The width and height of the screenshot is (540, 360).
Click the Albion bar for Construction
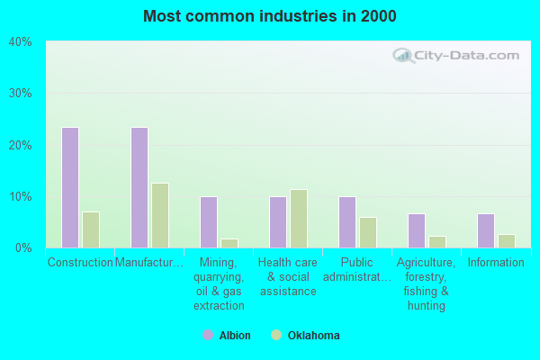pos(70,187)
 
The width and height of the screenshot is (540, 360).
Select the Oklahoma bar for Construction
pos(91,229)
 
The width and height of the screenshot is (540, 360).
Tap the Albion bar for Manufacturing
pos(139,187)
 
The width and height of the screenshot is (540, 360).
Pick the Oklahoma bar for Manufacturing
pos(160,215)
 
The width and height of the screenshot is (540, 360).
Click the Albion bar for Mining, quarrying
pos(209,222)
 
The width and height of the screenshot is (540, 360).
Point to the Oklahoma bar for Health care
pos(299,219)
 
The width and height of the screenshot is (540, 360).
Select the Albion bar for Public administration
pos(347,222)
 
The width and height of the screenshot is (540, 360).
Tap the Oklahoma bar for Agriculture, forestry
pos(437,242)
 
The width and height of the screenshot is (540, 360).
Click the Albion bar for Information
pos(486,230)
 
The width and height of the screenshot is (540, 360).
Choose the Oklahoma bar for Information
pos(507,241)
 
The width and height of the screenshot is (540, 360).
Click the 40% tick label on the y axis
pos(21,41)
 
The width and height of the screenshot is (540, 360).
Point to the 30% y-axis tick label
pos(21,93)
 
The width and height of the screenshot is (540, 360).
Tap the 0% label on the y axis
pos(23,247)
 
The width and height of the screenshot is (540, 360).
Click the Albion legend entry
pos(227,336)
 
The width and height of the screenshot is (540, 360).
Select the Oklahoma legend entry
pos(305,336)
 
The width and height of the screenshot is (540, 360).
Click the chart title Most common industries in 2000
pos(269,16)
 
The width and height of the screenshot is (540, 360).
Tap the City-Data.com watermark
pos(456,55)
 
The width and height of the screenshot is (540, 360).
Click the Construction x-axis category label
pos(80,263)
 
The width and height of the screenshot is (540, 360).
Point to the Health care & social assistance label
pos(288,276)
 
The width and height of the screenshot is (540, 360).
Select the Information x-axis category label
pos(496,263)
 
